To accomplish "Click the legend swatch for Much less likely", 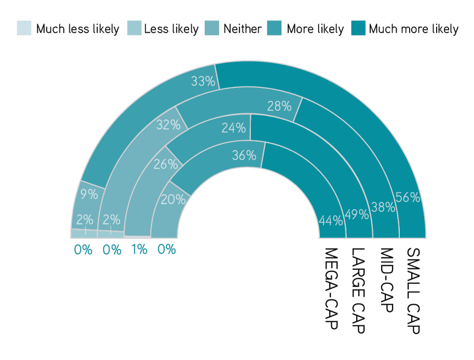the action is (x=24, y=28).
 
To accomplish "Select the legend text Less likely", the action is (x=171, y=29).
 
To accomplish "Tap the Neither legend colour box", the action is (x=212, y=28).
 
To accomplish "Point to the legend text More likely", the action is (x=315, y=29).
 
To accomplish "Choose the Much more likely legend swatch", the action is (x=359, y=28).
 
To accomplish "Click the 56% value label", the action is (x=408, y=197).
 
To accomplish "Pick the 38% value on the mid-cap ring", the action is (x=383, y=207).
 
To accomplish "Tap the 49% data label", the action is (x=357, y=214).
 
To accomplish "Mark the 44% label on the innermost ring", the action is (x=331, y=221).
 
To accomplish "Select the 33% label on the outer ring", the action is (x=203, y=81).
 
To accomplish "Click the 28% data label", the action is (x=279, y=106).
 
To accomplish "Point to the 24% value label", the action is (x=234, y=128).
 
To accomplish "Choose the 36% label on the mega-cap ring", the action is (x=244, y=155).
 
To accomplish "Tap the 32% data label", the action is (x=168, y=124).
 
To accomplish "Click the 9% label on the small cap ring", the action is (x=89, y=194).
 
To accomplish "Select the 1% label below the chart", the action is (x=139, y=250).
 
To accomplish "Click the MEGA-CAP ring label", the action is (x=331, y=288).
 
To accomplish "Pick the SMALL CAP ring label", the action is (x=413, y=291).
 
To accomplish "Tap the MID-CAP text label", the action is (x=386, y=280).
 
